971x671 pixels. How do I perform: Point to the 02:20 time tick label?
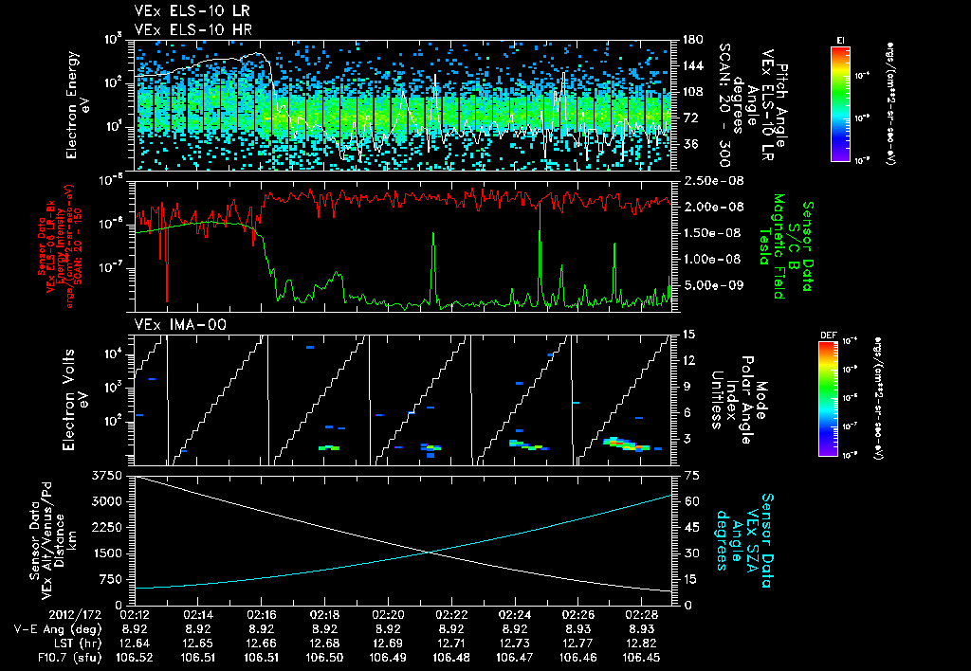click(388, 614)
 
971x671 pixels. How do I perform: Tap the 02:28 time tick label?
click(641, 614)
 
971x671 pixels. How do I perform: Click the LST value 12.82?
click(641, 643)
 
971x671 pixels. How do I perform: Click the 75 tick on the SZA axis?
click(691, 475)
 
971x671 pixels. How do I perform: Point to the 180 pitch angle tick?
click(691, 40)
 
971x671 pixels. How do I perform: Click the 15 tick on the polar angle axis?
click(687, 334)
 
